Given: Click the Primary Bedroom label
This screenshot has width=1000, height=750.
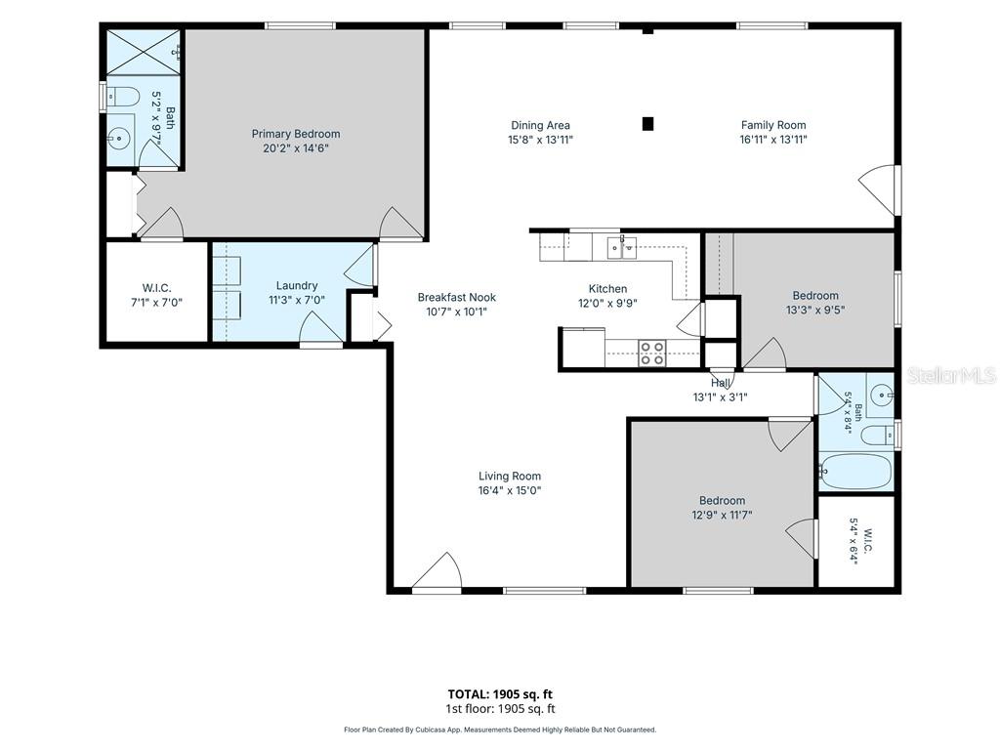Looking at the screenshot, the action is tap(295, 134).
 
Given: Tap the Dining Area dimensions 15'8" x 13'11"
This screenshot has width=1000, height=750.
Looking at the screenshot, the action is tap(540, 140).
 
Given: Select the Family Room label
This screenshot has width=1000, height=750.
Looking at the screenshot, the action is tap(773, 125).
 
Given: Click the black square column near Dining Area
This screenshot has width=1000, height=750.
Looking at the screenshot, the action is tap(647, 124).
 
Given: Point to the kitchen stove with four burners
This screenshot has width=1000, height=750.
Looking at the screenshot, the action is tap(651, 354).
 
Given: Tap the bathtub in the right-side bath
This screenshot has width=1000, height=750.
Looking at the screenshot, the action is tap(856, 472).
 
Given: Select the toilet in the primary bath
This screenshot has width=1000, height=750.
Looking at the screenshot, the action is tap(123, 97).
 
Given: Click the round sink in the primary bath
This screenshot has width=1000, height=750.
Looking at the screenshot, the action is tap(118, 137).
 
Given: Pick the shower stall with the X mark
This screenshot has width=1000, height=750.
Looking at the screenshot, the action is tap(143, 53).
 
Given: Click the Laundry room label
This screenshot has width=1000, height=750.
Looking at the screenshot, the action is tap(297, 286).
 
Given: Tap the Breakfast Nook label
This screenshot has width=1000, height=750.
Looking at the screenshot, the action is tap(457, 297).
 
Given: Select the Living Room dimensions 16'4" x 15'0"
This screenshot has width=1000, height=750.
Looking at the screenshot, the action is tap(510, 490).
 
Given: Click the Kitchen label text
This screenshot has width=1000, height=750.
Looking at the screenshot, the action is tap(607, 289).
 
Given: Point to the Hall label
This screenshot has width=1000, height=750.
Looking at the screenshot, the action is tap(721, 383).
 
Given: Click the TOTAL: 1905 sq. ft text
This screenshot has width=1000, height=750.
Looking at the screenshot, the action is tap(500, 694).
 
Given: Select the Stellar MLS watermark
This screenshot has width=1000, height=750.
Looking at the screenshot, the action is tap(951, 376).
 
